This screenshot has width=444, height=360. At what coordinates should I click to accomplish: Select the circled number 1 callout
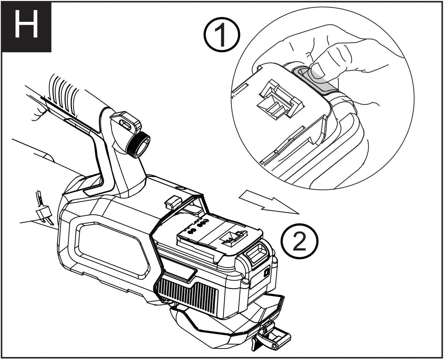[x=222, y=37]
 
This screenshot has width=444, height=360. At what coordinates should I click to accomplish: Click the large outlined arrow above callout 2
[x=268, y=203]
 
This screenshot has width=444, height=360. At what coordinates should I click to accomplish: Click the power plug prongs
[x=44, y=215]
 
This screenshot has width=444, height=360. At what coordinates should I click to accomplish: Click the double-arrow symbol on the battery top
[x=235, y=237]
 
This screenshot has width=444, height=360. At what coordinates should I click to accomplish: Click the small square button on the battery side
[x=266, y=272]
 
